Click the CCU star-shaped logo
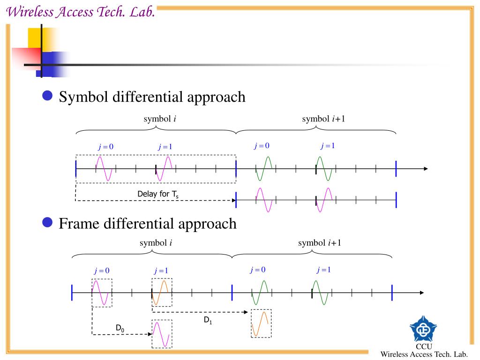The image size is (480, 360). tap(423, 329)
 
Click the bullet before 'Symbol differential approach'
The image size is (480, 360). tap(47, 96)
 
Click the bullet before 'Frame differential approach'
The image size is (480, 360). tap(47, 222)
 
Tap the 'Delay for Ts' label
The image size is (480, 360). tap(158, 195)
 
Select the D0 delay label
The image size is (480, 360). tap(120, 329)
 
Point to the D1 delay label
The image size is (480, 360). tap(208, 321)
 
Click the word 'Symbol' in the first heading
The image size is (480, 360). tap(83, 97)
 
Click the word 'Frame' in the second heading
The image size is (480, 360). tap(79, 224)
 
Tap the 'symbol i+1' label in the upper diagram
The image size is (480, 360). tap(323, 119)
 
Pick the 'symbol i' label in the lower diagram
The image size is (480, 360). tap(156, 243)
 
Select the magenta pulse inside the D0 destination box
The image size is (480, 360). tap(161, 334)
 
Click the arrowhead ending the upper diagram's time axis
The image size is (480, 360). tap(426, 169)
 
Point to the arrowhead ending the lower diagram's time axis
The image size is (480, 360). tap(421, 292)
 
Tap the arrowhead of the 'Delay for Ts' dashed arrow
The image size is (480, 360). tap(234, 201)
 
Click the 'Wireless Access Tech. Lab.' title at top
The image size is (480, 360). tap(81, 12)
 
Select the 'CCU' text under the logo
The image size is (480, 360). tap(424, 346)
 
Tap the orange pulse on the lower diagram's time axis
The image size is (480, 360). tap(160, 292)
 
